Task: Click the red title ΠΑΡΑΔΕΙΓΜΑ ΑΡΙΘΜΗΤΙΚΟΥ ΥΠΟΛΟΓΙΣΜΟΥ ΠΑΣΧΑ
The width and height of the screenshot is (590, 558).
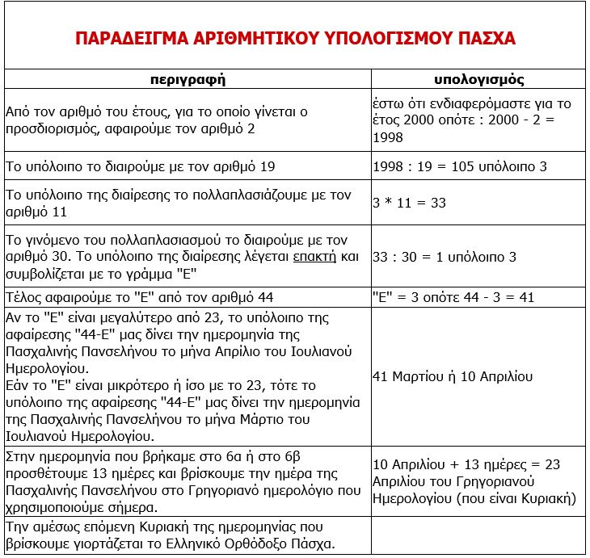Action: (x=295, y=38)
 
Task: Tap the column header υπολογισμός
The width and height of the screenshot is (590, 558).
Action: (x=478, y=79)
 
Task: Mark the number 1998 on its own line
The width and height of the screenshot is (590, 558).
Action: (x=388, y=138)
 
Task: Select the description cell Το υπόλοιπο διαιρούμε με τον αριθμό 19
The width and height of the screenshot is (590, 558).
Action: (x=141, y=166)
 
